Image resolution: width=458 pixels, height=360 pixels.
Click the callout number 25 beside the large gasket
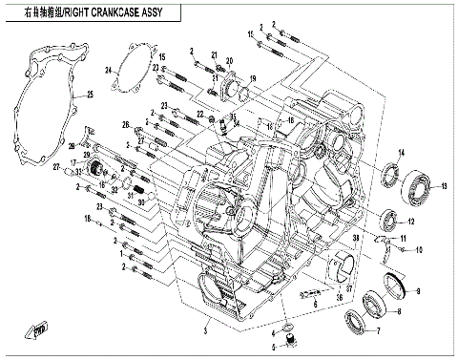click(90, 94)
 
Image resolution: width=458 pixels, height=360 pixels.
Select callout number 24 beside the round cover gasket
click(110, 69)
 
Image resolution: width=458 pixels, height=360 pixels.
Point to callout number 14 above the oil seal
click(401, 154)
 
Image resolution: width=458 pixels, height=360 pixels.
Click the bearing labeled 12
click(390, 221)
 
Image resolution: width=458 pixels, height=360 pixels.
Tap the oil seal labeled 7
click(353, 321)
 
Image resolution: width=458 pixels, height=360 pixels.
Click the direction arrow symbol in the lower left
click(40, 331)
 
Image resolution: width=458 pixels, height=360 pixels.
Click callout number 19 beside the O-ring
click(254, 78)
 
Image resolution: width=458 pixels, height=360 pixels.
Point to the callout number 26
click(125, 125)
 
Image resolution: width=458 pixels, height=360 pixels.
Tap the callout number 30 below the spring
click(140, 201)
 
